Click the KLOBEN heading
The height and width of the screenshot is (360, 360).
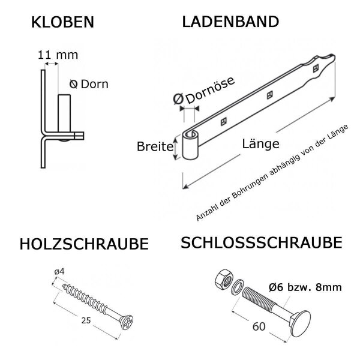click(x=62, y=22)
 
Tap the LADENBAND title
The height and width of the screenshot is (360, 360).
click(x=230, y=22)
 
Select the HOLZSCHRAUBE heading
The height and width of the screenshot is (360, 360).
click(x=84, y=244)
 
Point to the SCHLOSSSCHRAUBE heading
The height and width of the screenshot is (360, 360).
click(x=262, y=242)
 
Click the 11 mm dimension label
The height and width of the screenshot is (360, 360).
click(x=58, y=55)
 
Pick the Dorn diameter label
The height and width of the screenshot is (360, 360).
click(x=89, y=84)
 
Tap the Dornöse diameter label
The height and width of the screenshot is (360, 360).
click(x=204, y=91)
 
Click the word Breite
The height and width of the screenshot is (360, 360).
click(x=155, y=146)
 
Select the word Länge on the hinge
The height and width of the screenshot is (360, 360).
click(x=261, y=144)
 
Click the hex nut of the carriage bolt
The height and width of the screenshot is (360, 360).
click(x=224, y=280)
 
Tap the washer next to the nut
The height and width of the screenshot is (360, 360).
click(x=238, y=287)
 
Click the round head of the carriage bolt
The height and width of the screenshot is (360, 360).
click(x=301, y=324)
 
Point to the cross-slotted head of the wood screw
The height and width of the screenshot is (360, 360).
click(x=127, y=322)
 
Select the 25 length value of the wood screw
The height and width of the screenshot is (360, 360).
click(x=86, y=320)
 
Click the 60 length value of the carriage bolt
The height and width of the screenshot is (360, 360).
click(x=259, y=326)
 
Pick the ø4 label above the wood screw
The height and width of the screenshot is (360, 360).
click(x=59, y=272)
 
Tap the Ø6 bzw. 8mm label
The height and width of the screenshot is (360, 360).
click(x=305, y=287)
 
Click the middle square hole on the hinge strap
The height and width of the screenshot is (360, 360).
click(x=270, y=95)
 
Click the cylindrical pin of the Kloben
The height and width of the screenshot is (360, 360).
click(x=64, y=113)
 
